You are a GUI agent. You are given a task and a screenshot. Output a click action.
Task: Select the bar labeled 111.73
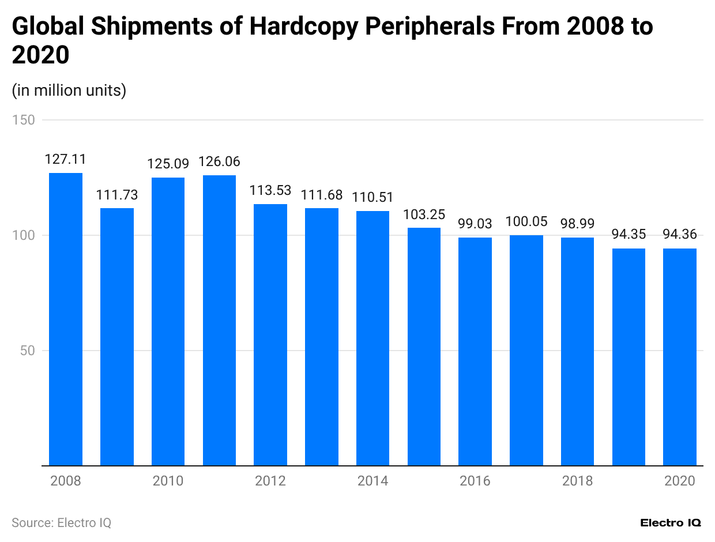point(117,337)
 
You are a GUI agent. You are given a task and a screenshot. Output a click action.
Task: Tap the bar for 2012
point(270,334)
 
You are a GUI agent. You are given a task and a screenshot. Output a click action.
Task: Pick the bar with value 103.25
point(424,347)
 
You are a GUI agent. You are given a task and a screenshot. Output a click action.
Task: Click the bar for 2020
point(680,357)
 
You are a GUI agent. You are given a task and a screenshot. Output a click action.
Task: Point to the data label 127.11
point(66,160)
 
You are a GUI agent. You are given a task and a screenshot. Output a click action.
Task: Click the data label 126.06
point(219,162)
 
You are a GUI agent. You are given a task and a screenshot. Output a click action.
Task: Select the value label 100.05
point(526,222)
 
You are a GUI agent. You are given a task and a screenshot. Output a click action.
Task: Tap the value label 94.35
point(629,235)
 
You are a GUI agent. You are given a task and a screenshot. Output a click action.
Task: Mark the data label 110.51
point(372,198)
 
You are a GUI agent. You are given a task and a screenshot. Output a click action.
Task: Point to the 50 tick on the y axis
point(27,351)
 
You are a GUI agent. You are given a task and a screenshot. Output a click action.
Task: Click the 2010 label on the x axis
point(168,481)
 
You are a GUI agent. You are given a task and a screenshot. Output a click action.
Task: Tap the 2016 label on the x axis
point(475,481)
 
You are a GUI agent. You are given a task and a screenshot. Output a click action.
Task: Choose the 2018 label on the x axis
point(577,481)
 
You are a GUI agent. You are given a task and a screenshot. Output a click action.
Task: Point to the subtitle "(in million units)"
point(69,91)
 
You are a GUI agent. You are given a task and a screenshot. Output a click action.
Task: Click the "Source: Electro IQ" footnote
point(61,523)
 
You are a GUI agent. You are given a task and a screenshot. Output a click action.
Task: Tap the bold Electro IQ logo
point(671,523)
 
